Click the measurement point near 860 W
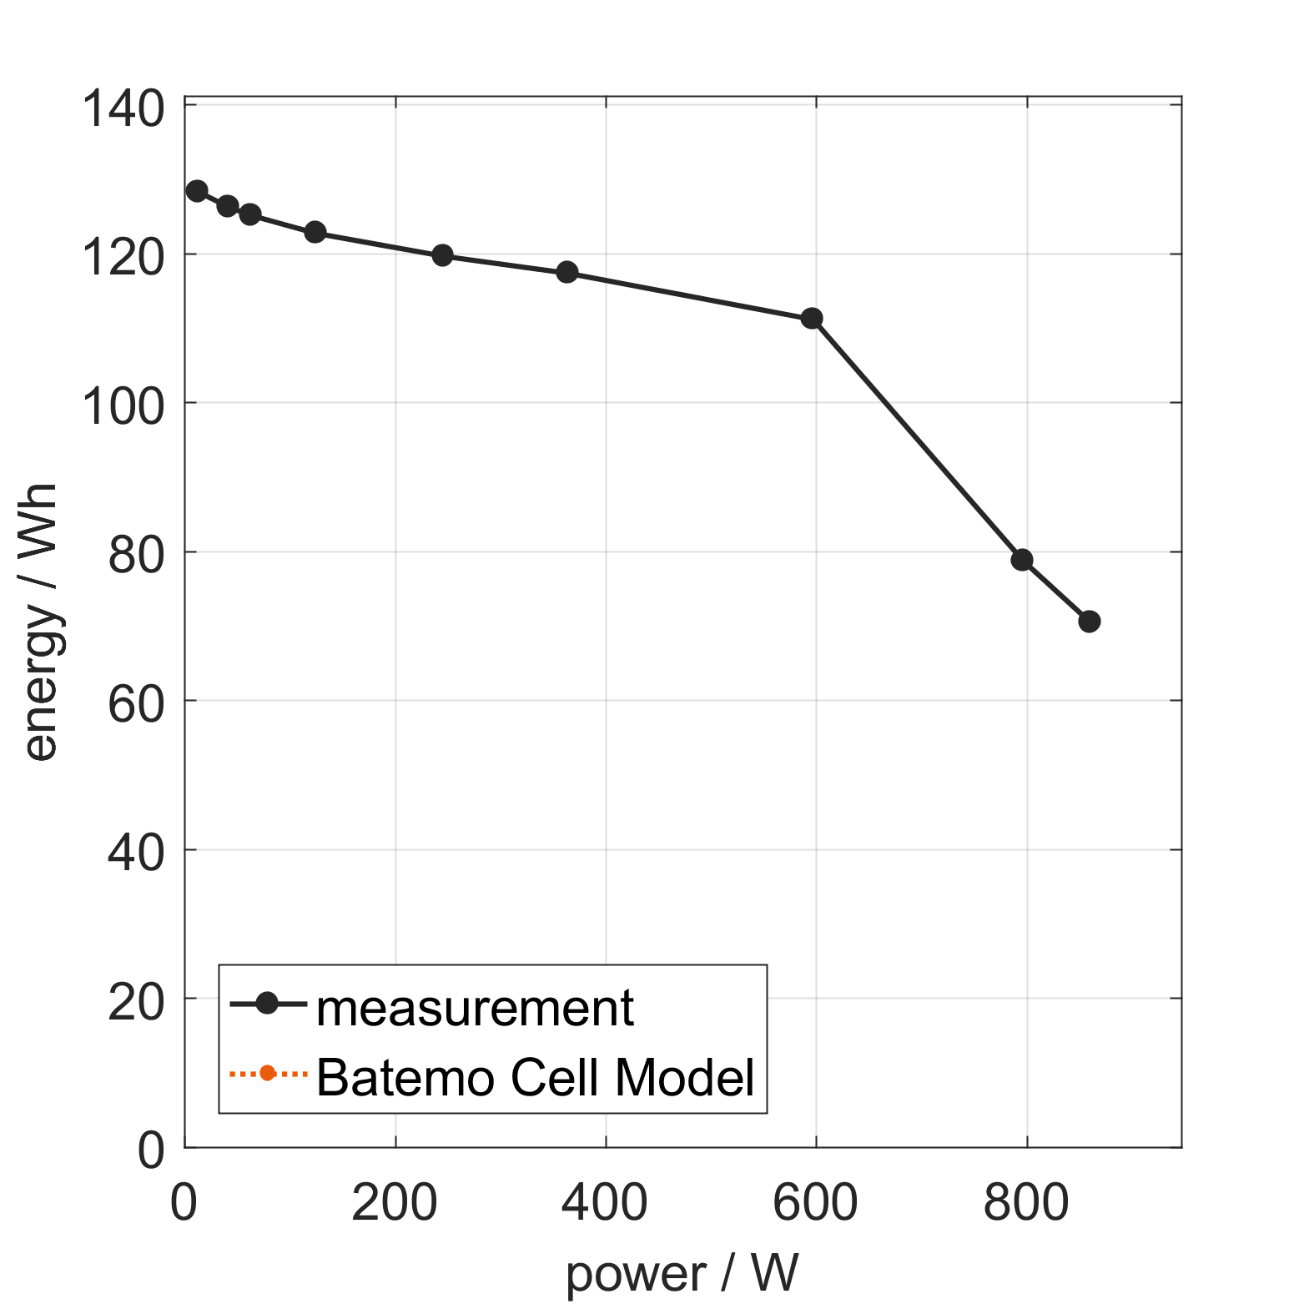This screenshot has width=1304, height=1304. click(1089, 621)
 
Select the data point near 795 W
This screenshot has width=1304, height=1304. click(1022, 560)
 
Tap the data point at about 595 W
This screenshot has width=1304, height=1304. click(812, 318)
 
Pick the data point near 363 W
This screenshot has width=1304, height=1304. click(567, 272)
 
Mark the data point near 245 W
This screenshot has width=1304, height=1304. click(443, 255)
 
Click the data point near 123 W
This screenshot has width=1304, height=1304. click(315, 232)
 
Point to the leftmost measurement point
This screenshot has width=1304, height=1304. click(197, 191)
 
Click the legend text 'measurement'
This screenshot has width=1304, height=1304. click(475, 1008)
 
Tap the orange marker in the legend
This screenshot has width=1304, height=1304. click(267, 1073)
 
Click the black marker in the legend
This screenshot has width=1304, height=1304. click(267, 1004)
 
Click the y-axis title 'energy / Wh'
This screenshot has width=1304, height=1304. click(40, 622)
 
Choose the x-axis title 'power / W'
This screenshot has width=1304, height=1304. click(682, 1273)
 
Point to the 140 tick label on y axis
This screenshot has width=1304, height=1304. click(123, 110)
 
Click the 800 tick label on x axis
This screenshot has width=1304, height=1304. click(1026, 1204)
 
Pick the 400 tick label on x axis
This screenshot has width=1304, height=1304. click(605, 1204)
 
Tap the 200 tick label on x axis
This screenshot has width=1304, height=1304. click(395, 1204)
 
